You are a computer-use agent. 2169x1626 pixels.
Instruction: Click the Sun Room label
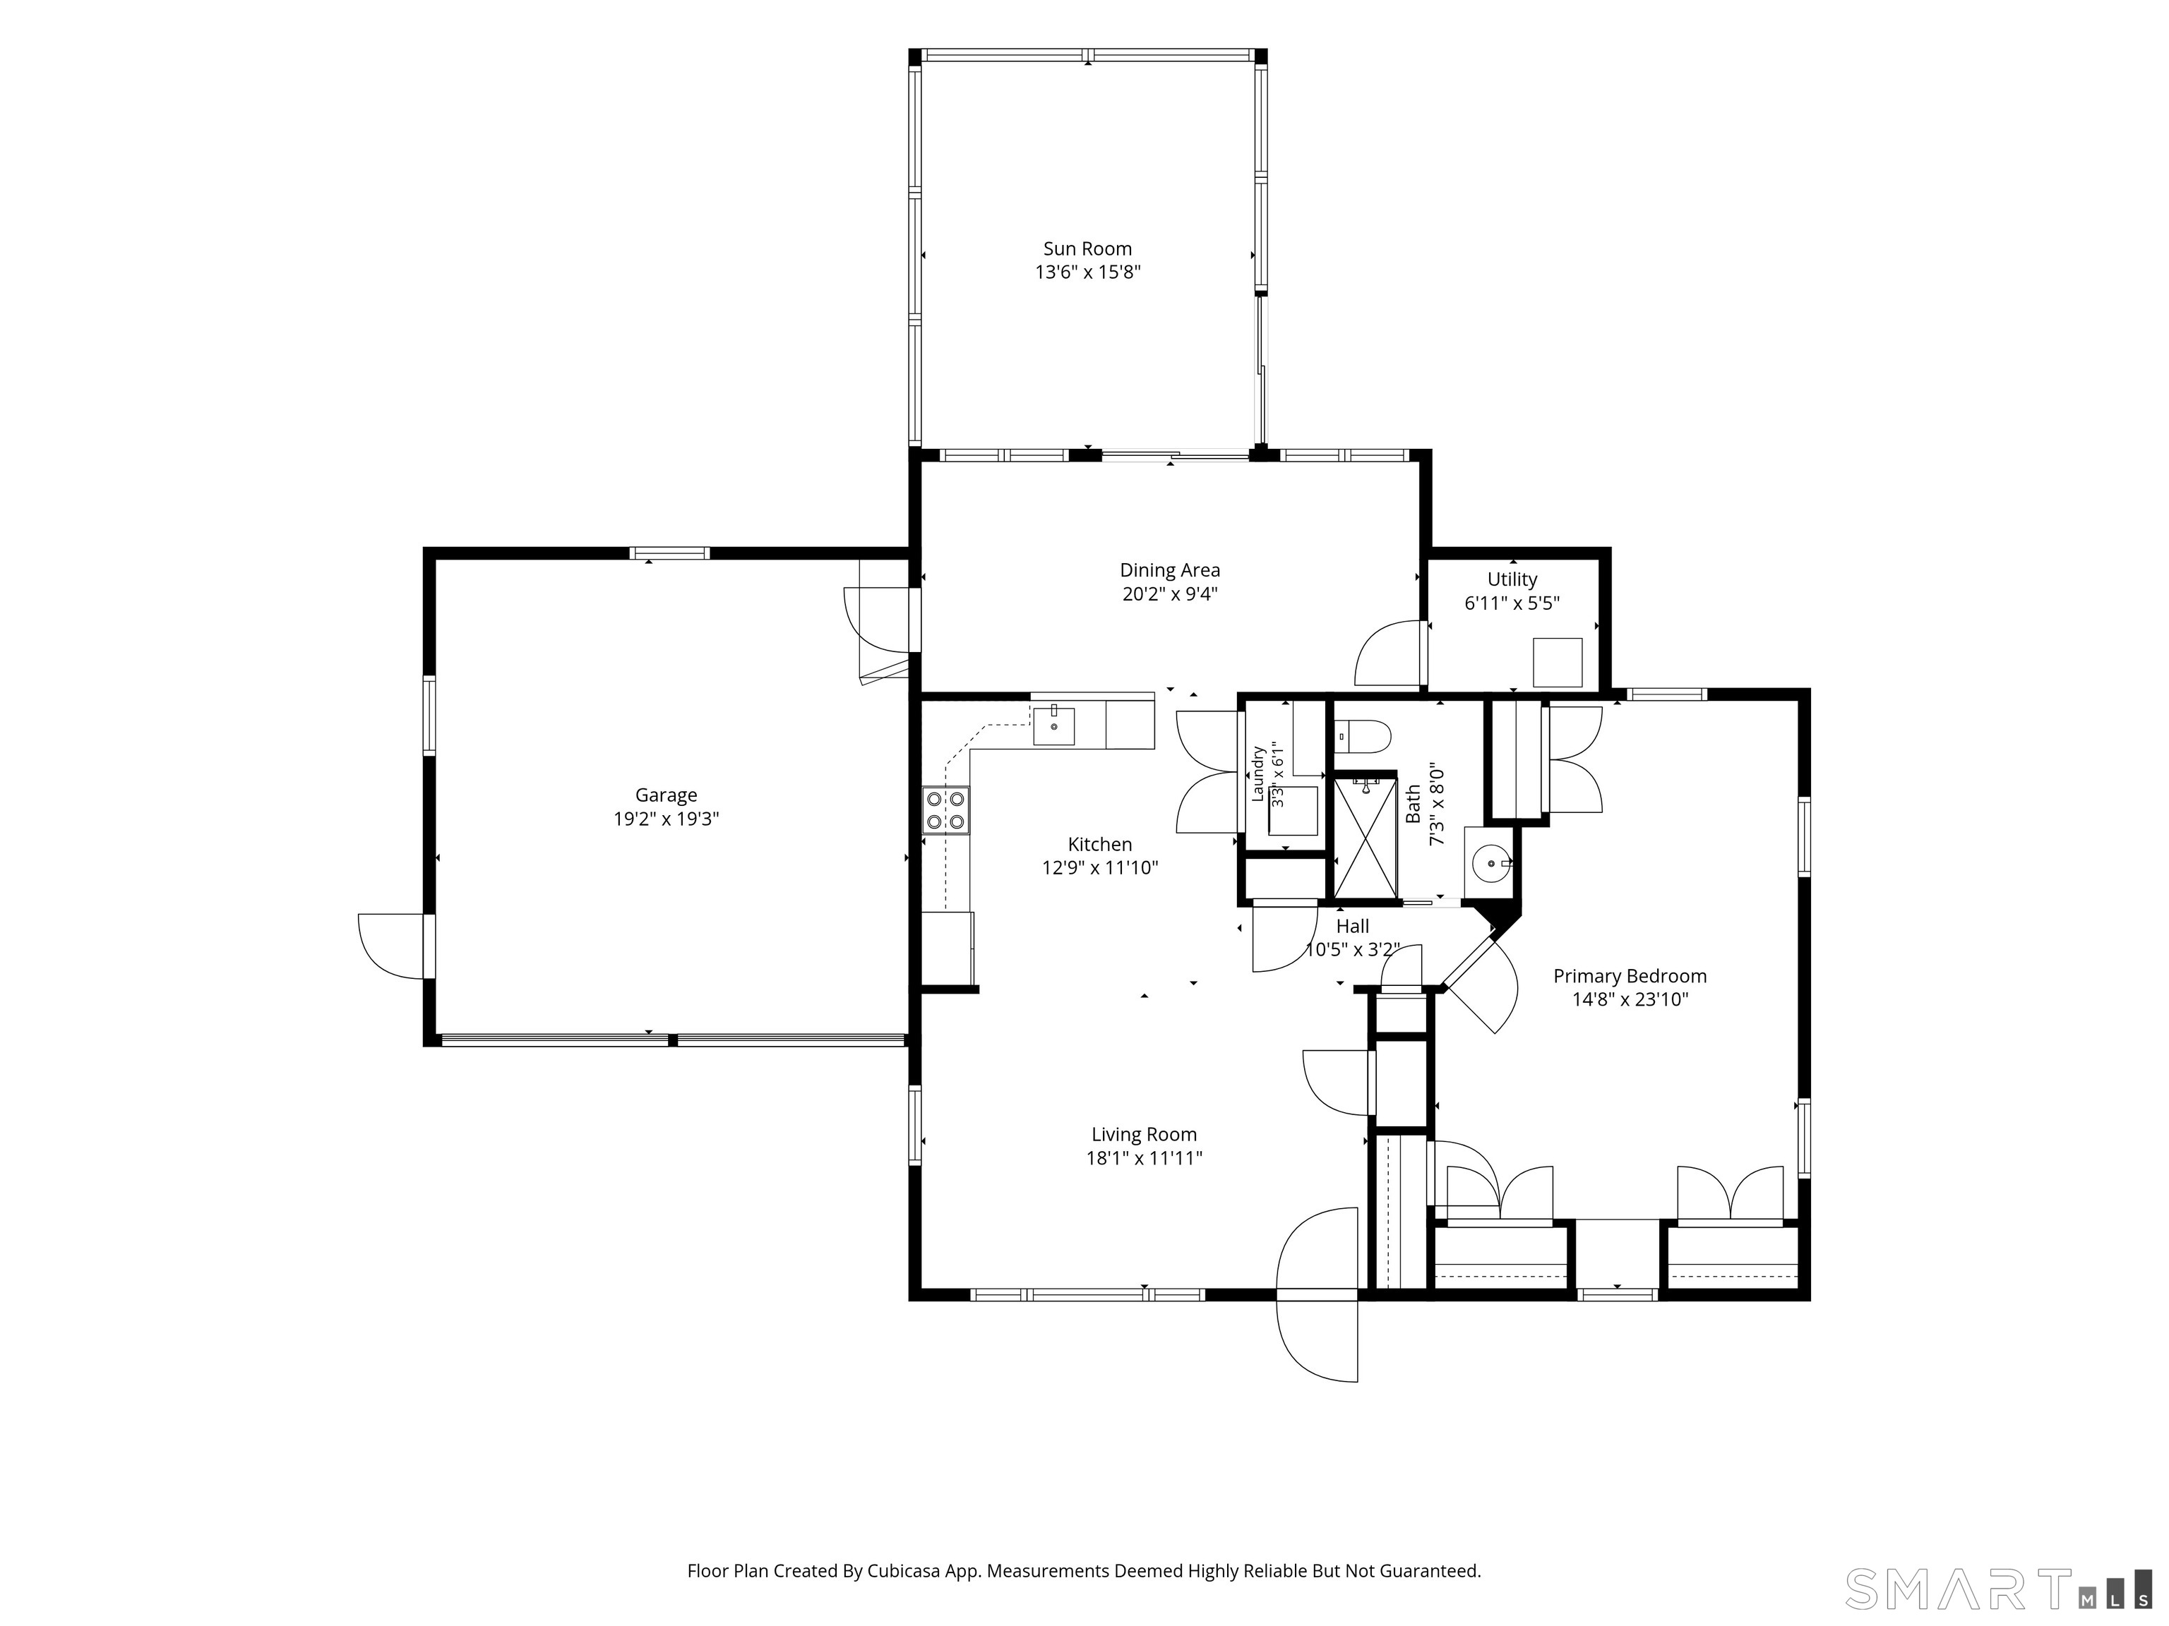coord(1087,249)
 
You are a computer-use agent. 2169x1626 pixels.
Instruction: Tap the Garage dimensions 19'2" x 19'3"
coord(667,819)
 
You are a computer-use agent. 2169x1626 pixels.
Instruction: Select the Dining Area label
coord(1170,570)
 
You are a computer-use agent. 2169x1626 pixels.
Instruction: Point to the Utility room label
coord(1512,579)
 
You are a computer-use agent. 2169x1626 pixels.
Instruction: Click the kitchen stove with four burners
coord(946,811)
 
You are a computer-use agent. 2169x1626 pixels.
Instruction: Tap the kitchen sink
coord(1054,726)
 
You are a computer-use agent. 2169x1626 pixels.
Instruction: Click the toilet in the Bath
coord(1362,734)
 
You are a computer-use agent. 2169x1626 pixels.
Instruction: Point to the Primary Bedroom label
coord(1630,976)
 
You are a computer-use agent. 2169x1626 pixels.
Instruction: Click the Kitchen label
coord(1100,844)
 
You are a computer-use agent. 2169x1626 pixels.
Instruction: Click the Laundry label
coord(1258,774)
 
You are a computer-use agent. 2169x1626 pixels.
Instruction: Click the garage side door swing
coord(391,946)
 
